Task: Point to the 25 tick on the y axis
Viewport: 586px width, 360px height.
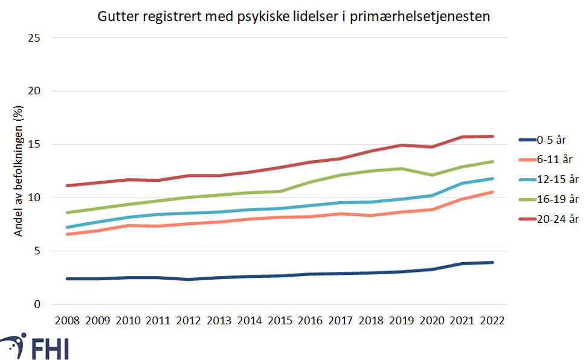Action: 34,38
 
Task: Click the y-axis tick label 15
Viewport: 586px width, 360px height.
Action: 34,145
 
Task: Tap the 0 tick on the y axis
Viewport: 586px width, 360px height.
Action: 37,304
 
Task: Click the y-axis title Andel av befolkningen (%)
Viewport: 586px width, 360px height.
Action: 19,171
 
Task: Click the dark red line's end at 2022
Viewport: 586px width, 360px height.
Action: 493,137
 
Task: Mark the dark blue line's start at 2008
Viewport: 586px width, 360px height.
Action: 66,279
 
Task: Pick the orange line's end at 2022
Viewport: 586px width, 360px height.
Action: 493,192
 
